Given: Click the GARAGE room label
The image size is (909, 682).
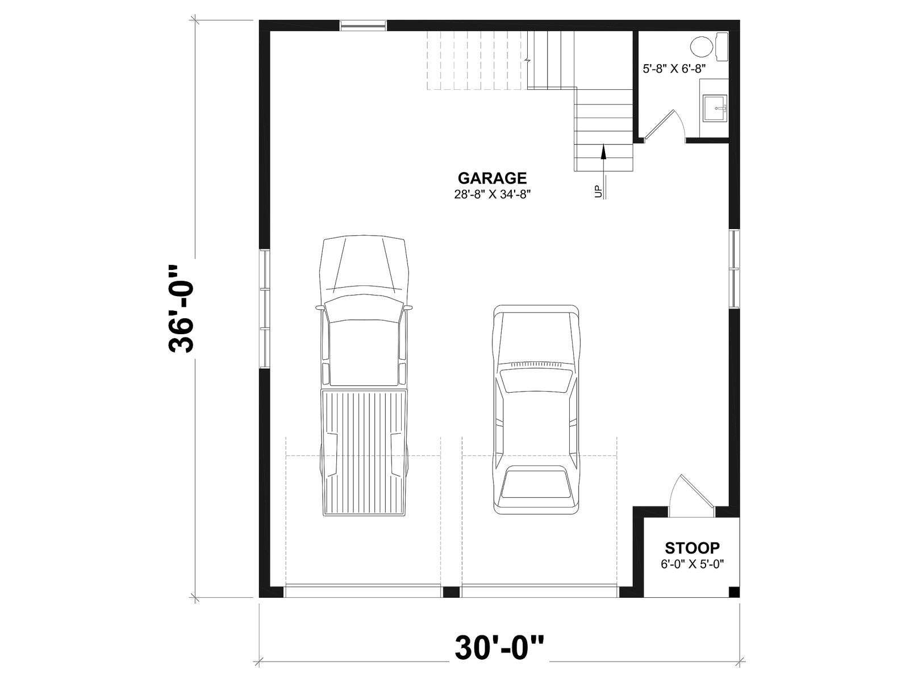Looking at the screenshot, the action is pos(492,178).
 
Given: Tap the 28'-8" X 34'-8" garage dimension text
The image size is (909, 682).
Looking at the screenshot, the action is pos(492,194).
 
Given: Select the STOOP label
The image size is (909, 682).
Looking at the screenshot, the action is pos(692,548).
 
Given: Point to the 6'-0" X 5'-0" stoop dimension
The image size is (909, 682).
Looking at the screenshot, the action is pos(692,564).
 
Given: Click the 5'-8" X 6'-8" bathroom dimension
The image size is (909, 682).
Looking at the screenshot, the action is pos(674,69).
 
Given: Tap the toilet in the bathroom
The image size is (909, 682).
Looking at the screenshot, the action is pos(709,47).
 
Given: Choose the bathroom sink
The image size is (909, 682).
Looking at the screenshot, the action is pos(715,108).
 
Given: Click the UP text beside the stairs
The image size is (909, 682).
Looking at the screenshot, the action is pos(598,192).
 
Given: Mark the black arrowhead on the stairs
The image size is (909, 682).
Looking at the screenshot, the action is pos(603,152).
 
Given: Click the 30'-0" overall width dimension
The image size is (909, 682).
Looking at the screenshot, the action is pos(499,648).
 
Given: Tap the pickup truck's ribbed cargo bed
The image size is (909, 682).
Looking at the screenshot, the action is pos(364,453).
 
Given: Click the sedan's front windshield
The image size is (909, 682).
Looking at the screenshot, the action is pos(536,381).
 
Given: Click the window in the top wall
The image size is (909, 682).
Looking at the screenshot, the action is pos(363,26).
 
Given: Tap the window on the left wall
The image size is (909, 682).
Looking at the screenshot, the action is pos(265,309).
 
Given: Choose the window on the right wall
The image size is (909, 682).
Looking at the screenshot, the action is pos(734,268).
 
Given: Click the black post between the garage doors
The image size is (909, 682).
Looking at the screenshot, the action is pos(452,591).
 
